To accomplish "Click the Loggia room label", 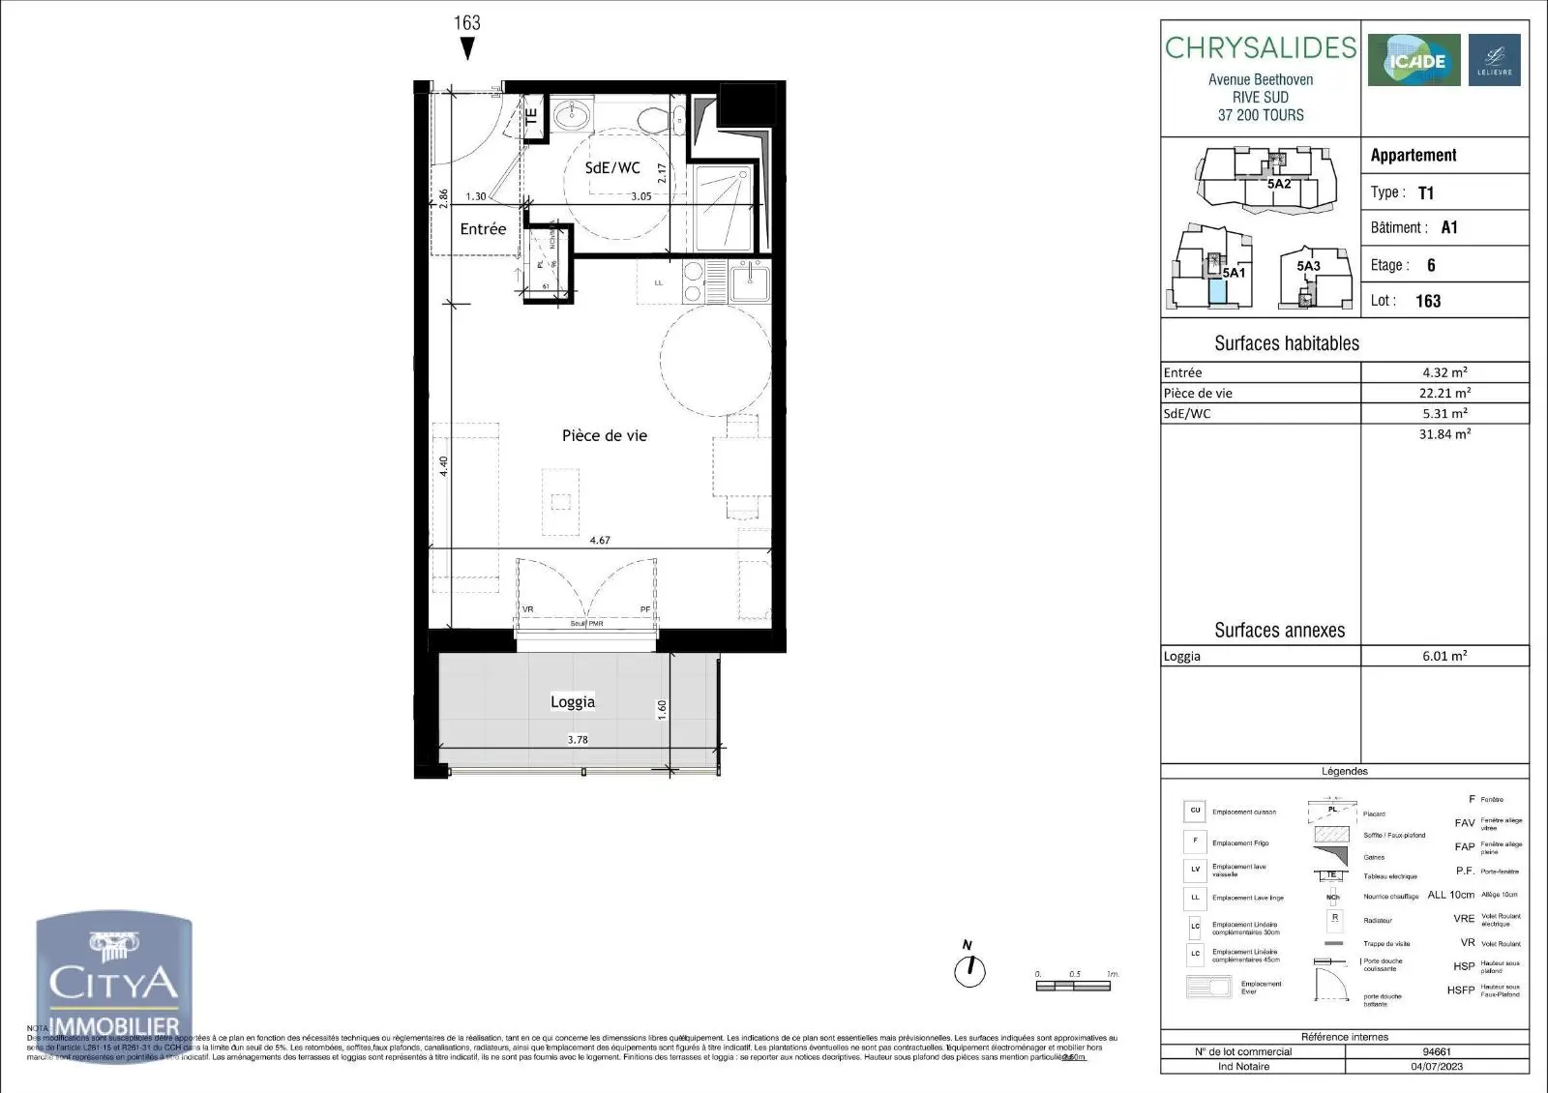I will (573, 702).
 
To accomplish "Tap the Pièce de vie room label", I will (605, 436).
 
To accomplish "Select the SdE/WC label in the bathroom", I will (612, 168).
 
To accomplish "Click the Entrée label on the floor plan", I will (483, 229).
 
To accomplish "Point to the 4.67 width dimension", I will (600, 541).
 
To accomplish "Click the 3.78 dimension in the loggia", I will (578, 740).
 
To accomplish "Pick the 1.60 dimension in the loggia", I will (663, 709).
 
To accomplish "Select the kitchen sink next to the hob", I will (750, 282).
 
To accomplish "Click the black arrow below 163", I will (467, 50).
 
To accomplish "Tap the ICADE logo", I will (1414, 61).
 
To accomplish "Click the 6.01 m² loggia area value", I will (1444, 656).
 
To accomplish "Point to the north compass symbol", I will (968, 968).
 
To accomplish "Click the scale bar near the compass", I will (1076, 987).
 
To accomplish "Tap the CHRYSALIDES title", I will (1261, 48).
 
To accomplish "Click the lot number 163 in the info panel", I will (1428, 301).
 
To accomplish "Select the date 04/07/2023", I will (1437, 1067).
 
